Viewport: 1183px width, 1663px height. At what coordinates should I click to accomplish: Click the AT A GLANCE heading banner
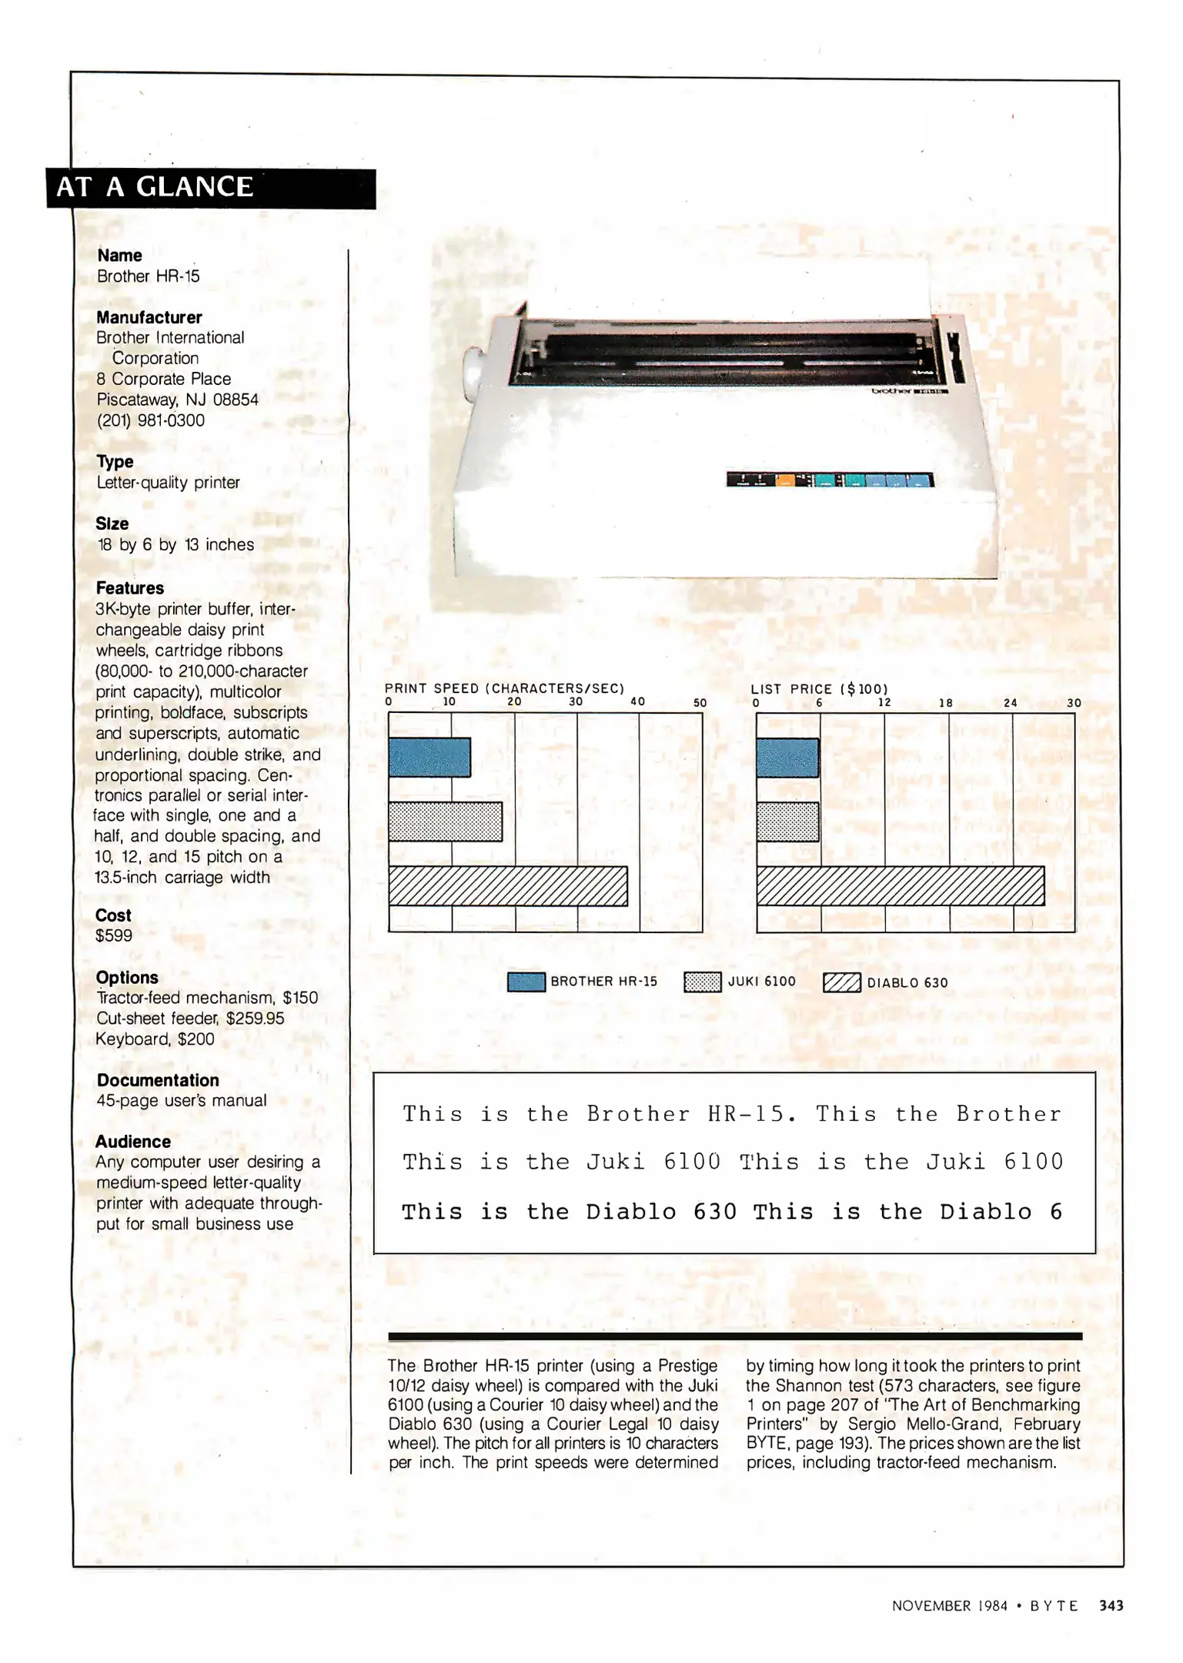click(210, 188)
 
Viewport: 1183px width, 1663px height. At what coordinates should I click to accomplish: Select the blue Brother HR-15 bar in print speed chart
click(429, 757)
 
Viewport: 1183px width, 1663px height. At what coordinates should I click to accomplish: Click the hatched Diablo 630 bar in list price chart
click(900, 886)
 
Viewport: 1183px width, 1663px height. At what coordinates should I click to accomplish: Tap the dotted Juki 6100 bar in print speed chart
click(445, 821)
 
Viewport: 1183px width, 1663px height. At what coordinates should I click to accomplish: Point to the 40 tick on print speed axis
click(637, 701)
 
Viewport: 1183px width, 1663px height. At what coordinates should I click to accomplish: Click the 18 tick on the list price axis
click(945, 703)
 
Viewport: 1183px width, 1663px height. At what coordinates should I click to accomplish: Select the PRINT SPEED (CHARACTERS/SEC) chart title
click(504, 688)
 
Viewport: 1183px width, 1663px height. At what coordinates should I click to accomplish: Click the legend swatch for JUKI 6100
click(702, 982)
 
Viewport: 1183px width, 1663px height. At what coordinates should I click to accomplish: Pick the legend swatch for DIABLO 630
click(841, 983)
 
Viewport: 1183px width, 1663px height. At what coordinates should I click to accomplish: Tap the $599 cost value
click(114, 935)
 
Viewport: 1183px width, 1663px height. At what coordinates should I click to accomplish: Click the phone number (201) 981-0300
click(150, 420)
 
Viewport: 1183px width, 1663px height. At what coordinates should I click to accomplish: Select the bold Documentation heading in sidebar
click(158, 1080)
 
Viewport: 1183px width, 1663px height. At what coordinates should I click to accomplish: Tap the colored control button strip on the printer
click(830, 480)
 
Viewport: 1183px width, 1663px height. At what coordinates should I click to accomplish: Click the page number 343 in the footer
click(1111, 1605)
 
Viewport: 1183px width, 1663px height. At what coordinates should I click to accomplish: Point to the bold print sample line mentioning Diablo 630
click(731, 1212)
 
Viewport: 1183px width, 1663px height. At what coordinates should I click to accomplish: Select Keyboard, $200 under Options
click(155, 1039)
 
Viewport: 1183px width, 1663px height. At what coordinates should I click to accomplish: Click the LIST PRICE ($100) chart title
click(819, 689)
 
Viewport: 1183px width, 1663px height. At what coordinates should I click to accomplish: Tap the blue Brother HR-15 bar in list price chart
click(787, 757)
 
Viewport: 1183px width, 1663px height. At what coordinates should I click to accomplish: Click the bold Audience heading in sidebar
click(133, 1141)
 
